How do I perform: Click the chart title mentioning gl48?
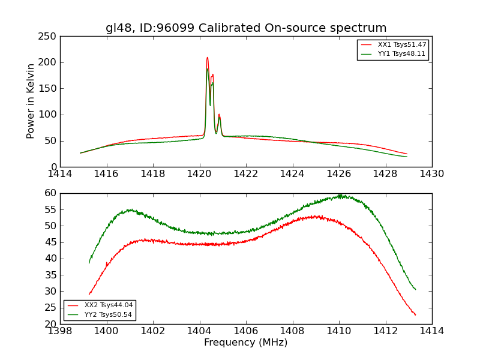click(x=246, y=28)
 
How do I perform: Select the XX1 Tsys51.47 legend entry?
click(x=401, y=45)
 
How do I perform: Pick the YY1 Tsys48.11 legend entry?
click(x=401, y=53)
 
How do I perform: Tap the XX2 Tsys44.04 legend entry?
click(x=109, y=305)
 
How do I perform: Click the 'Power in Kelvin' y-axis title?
click(x=31, y=101)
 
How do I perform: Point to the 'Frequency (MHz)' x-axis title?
click(x=246, y=343)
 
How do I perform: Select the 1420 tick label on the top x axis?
click(x=200, y=174)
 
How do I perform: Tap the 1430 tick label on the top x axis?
click(x=432, y=174)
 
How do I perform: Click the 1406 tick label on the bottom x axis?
click(x=246, y=331)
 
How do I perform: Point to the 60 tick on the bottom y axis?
click(x=51, y=193)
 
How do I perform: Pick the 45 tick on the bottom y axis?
click(x=51, y=242)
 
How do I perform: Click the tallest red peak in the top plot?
click(x=207, y=58)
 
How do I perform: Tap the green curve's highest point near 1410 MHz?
click(x=340, y=195)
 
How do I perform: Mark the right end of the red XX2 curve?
click(x=415, y=315)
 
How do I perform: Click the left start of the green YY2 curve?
click(x=89, y=263)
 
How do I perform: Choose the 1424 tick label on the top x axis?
click(x=293, y=174)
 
